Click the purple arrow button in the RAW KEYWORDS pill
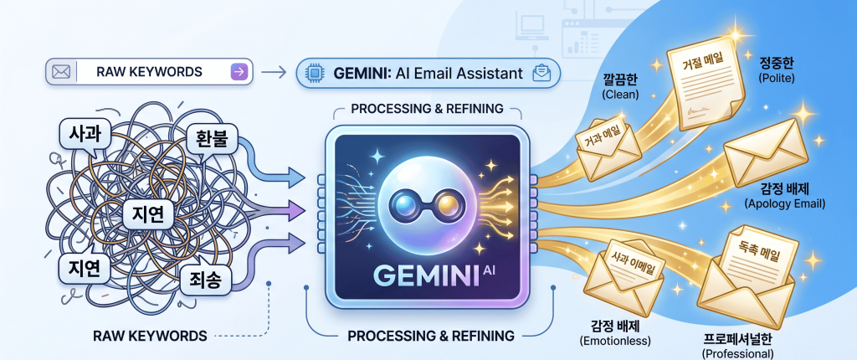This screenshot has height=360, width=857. tap(240, 72)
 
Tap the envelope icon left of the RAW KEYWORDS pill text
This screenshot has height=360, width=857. tap(59, 72)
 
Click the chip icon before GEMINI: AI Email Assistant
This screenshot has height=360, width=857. tap(315, 74)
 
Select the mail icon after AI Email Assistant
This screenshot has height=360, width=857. tap(541, 73)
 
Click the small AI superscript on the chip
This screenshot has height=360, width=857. tap(491, 269)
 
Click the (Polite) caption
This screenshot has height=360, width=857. tap(777, 78)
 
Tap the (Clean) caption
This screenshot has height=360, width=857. tap(621, 95)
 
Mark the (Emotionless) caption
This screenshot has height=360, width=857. tap(615, 342)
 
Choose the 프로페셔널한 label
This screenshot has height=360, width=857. tap(737, 338)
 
